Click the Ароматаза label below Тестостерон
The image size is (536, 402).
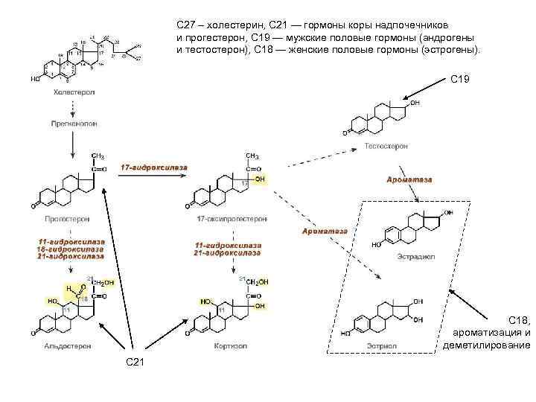409,180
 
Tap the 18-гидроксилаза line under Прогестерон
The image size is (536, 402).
72,250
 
